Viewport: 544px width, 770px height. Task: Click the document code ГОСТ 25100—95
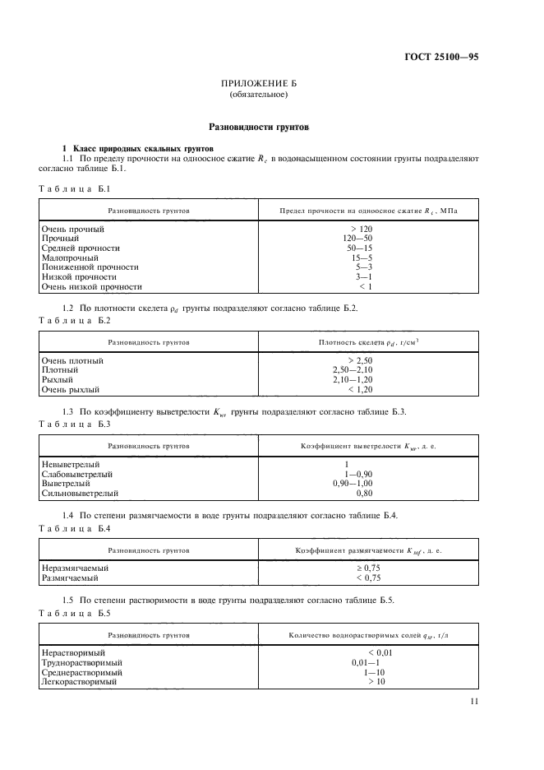pyautogui.click(x=441, y=57)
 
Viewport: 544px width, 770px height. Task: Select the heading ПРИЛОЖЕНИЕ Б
pyautogui.click(x=259, y=84)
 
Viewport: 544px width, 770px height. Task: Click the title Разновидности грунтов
pyautogui.click(x=259, y=128)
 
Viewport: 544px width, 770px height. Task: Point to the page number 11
pyautogui.click(x=473, y=701)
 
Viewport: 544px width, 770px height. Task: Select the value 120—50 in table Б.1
pyautogui.click(x=362, y=238)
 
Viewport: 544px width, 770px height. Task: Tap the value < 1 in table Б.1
pyautogui.click(x=365, y=287)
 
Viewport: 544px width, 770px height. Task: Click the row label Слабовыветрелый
pyautogui.click(x=77, y=474)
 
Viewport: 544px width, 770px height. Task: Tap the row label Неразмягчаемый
pyautogui.click(x=76, y=568)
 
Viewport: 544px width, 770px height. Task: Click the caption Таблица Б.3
pyautogui.click(x=75, y=423)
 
